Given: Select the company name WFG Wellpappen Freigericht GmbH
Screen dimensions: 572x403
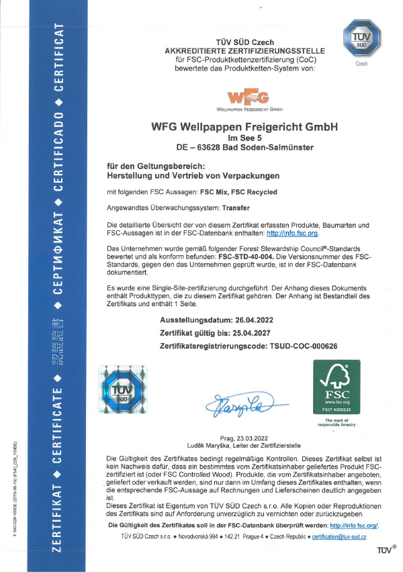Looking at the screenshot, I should (245, 127).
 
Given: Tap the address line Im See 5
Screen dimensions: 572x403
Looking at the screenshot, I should (245, 138).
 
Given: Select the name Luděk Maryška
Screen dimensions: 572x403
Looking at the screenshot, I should (208, 445).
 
